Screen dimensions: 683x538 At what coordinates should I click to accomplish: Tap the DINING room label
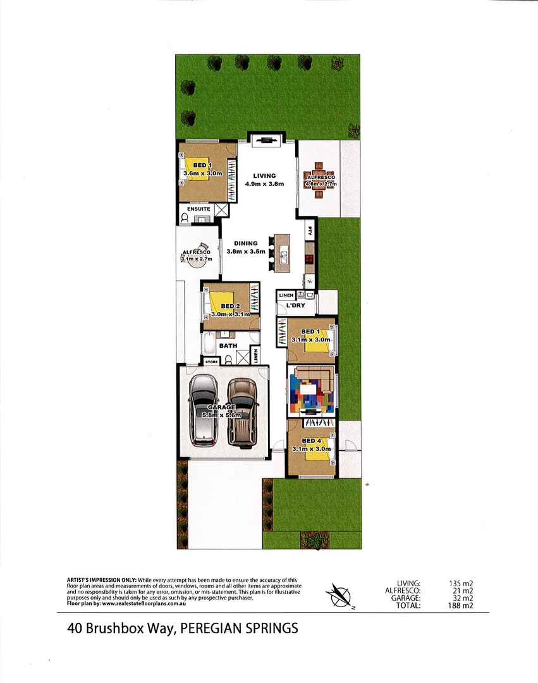pyautogui.click(x=246, y=243)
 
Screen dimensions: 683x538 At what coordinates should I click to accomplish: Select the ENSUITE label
pyautogui.click(x=199, y=209)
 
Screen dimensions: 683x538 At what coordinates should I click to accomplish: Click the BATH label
pyautogui.click(x=228, y=346)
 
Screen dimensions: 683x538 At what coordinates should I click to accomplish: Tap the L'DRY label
pyautogui.click(x=295, y=306)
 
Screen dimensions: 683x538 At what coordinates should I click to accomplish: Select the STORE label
pyautogui.click(x=211, y=362)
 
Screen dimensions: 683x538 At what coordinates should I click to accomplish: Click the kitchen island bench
pyautogui.click(x=282, y=252)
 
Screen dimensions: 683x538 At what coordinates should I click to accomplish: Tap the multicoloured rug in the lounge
pyautogui.click(x=311, y=392)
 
